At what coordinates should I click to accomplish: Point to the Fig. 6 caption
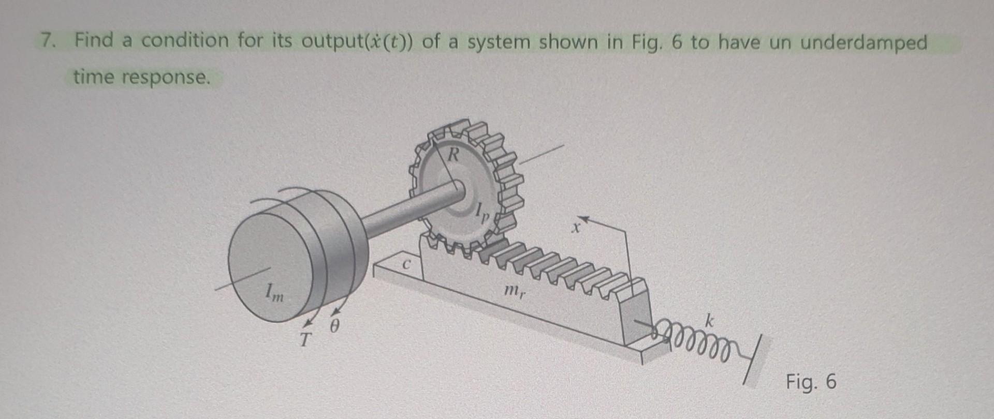point(811,382)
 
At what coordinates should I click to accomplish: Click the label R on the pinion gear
point(454,154)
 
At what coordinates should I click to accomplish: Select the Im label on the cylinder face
point(274,294)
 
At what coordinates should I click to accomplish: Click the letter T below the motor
point(306,340)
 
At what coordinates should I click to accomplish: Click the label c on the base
point(407,264)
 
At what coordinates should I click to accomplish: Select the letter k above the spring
point(709,321)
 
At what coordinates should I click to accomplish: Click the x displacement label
point(574,228)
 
